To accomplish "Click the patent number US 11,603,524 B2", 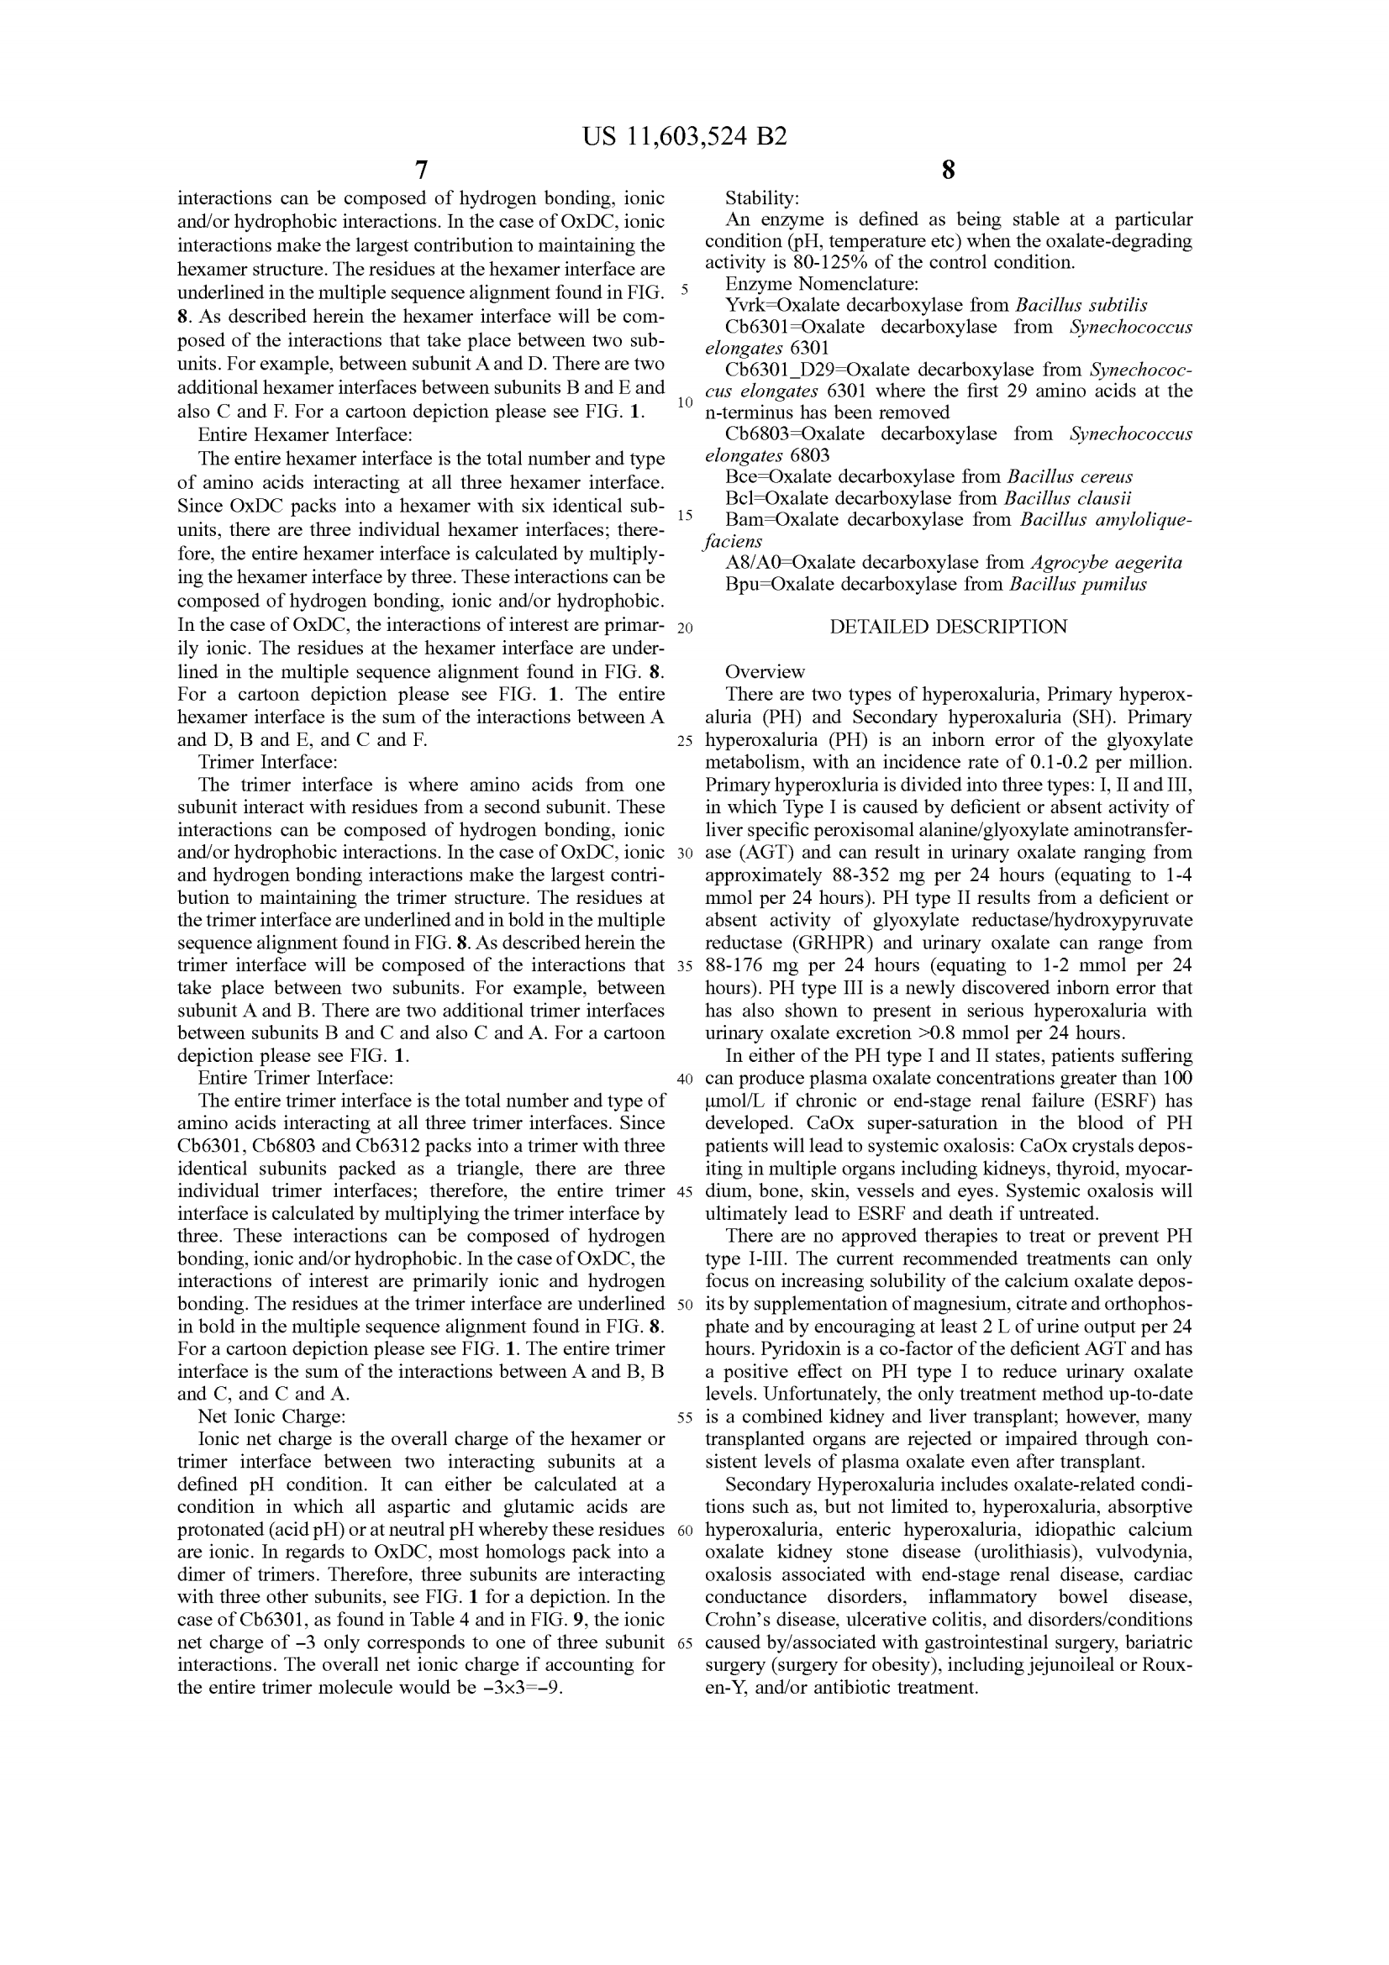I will pos(685,136).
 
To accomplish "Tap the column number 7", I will pos(421,170).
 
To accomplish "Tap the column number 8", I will pos(947,170).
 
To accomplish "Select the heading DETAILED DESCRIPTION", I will pos(948,627).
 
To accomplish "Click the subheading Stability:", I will pos(761,198).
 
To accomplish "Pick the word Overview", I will pos(766,672).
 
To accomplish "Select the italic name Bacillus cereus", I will pos(1070,476).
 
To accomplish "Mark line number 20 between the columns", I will pos(685,628).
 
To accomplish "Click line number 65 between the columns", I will pos(685,1642).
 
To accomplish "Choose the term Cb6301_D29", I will pos(778,370).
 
